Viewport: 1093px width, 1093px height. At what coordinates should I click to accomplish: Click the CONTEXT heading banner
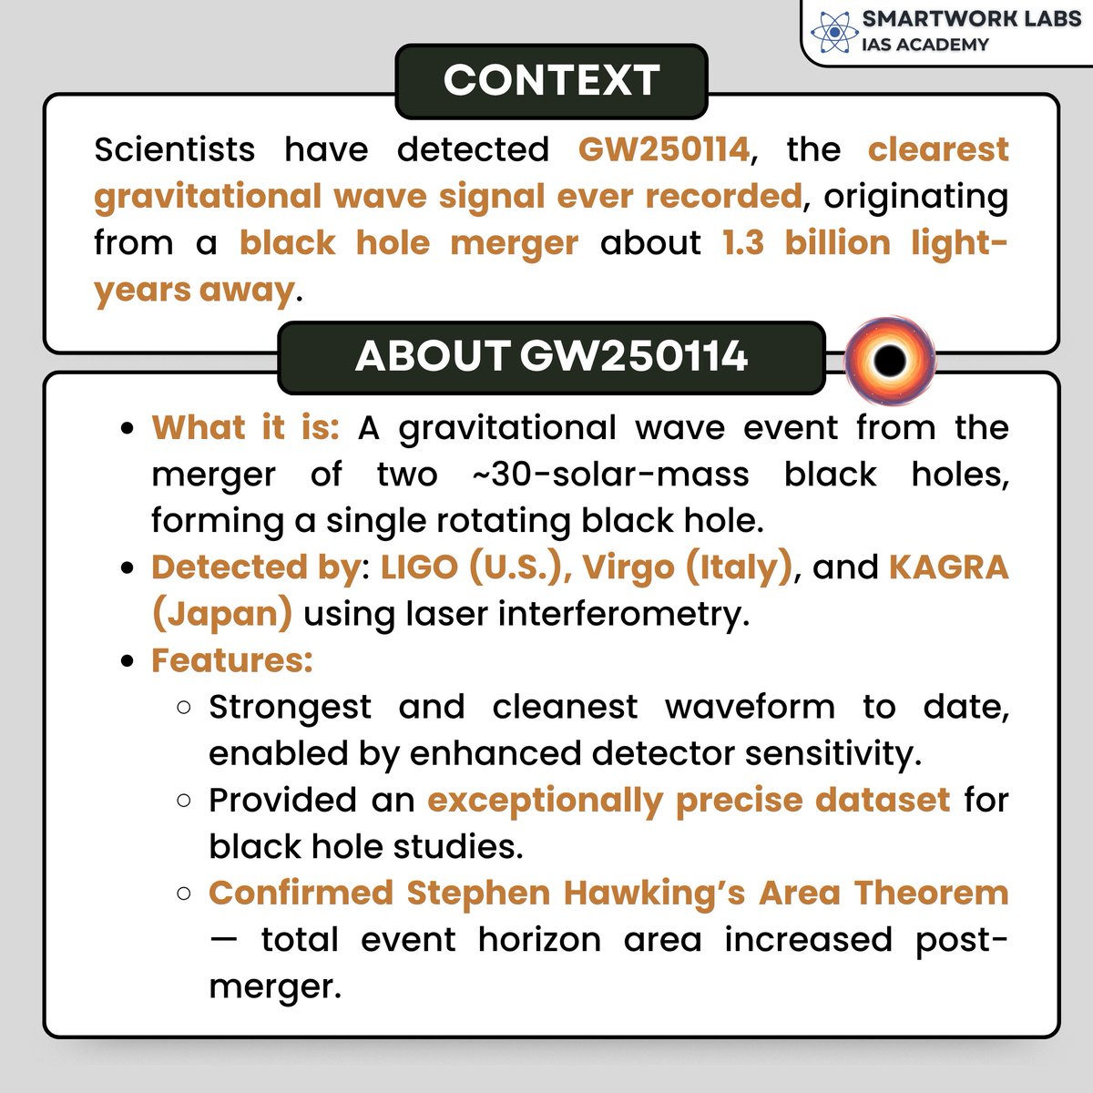(x=551, y=81)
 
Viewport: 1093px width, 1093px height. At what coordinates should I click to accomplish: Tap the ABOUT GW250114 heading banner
(x=551, y=357)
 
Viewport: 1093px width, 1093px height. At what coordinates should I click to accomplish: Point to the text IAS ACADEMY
(x=924, y=45)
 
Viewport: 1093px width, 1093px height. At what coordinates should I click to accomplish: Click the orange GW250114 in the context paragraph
(x=664, y=149)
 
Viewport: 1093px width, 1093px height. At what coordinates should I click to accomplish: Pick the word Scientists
(x=174, y=149)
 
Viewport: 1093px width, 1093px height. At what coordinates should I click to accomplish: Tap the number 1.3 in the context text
(x=742, y=243)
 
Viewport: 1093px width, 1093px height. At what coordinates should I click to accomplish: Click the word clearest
(x=938, y=149)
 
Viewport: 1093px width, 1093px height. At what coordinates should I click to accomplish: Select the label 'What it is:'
(x=245, y=427)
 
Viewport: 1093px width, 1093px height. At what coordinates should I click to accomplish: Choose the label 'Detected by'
(x=255, y=567)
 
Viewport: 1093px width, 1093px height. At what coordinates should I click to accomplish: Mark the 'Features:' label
(x=231, y=660)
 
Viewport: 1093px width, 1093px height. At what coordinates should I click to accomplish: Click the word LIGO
(x=419, y=567)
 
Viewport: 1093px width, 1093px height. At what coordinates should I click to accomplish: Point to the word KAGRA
(x=948, y=567)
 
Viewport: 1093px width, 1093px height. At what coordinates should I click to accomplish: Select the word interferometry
(x=622, y=614)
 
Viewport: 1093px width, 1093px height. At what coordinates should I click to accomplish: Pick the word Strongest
(x=290, y=707)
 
